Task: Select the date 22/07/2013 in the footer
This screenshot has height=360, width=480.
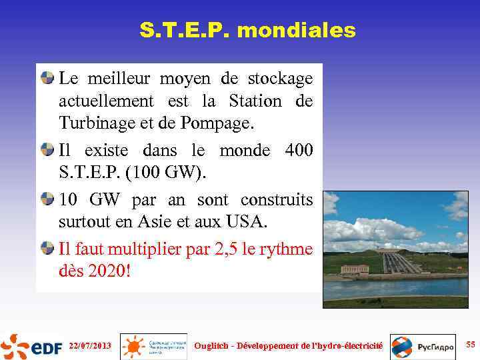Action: [90, 346]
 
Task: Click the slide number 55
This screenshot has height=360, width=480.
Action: [471, 345]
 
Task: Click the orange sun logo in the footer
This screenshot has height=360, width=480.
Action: [134, 347]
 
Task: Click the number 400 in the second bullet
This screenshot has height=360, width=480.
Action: [298, 151]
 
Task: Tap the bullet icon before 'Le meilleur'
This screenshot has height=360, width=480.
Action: [47, 78]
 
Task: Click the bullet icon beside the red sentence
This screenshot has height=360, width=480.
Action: [47, 249]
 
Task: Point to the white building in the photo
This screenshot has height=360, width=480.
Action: [354, 269]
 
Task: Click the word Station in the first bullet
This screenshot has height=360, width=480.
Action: [255, 101]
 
